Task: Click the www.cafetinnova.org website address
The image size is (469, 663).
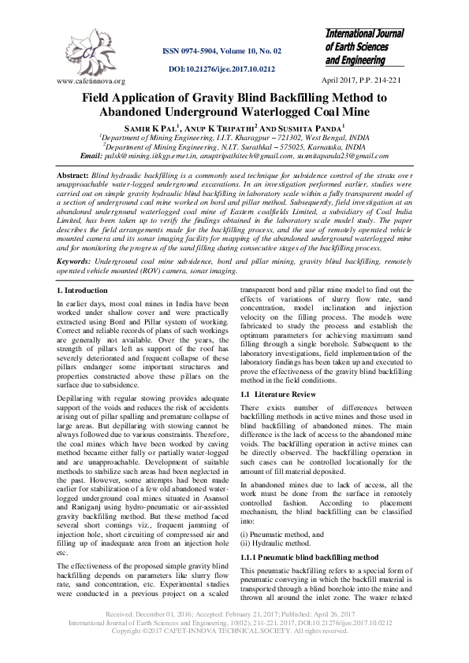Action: point(91,81)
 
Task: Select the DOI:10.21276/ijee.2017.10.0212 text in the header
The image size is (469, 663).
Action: point(221,69)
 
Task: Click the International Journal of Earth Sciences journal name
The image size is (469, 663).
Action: point(364,46)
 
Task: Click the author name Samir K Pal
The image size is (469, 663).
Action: point(153,127)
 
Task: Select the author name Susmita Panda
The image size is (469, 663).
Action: point(311,127)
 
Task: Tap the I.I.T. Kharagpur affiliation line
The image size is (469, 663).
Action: point(234,136)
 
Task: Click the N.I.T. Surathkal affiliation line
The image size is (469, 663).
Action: point(234,146)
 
